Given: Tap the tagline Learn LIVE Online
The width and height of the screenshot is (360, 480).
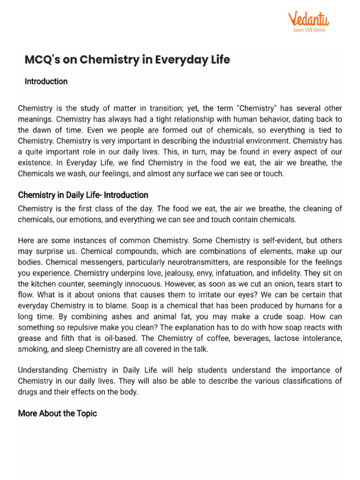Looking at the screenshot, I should (309, 30).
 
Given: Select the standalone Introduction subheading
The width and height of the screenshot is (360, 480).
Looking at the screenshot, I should (46, 82).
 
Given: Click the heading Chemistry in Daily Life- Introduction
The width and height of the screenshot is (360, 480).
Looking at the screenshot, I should (83, 195).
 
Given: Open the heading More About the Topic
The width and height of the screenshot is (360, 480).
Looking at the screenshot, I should (57, 413).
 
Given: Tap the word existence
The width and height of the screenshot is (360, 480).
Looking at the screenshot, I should (34, 162).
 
